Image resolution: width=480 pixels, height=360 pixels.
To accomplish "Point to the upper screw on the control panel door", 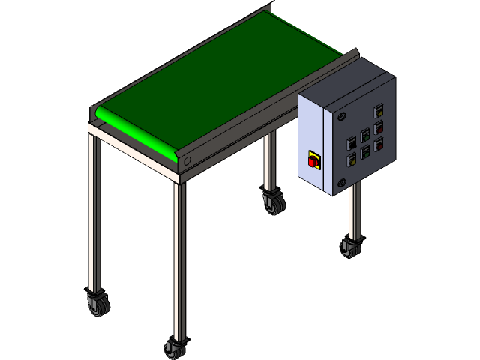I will coord(343,118).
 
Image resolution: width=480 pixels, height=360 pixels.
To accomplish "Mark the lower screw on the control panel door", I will coord(342,181).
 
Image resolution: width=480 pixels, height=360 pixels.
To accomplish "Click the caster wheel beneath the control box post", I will coord(350,247).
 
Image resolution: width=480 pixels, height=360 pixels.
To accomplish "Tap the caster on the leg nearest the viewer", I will coord(174,349).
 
